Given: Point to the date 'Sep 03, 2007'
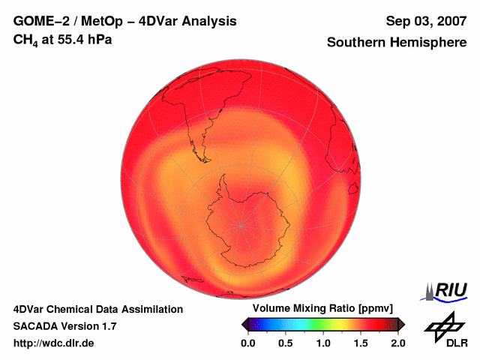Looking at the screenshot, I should tap(425, 21).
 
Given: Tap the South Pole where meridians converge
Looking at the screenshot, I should tap(241, 223).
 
